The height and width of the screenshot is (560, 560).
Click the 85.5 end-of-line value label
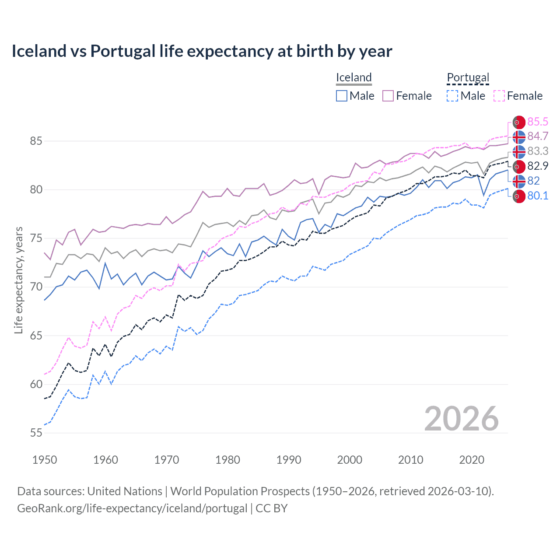(x=538, y=122)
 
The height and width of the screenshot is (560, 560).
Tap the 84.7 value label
(x=538, y=136)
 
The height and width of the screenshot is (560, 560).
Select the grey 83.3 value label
(x=538, y=151)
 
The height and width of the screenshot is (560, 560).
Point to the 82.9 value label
(x=538, y=166)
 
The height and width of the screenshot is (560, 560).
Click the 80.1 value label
(x=538, y=196)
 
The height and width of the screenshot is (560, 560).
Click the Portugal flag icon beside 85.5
(x=519, y=122)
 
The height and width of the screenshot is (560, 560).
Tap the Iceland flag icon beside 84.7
(x=519, y=137)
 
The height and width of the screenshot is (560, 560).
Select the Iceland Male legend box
(x=342, y=96)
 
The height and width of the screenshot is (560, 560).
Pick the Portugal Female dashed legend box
(x=499, y=96)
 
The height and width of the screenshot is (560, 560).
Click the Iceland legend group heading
(x=354, y=77)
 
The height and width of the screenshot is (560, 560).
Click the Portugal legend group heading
(x=468, y=77)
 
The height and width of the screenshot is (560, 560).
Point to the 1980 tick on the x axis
(x=227, y=460)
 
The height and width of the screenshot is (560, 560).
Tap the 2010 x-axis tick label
(x=410, y=460)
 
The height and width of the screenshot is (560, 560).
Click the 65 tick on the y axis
(x=36, y=336)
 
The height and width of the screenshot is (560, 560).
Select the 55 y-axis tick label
(x=36, y=433)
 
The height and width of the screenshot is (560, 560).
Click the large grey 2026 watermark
(x=461, y=419)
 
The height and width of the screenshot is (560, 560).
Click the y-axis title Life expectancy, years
(x=18, y=280)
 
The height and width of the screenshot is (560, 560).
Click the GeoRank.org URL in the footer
(x=132, y=508)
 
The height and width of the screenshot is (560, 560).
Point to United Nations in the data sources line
(x=125, y=491)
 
